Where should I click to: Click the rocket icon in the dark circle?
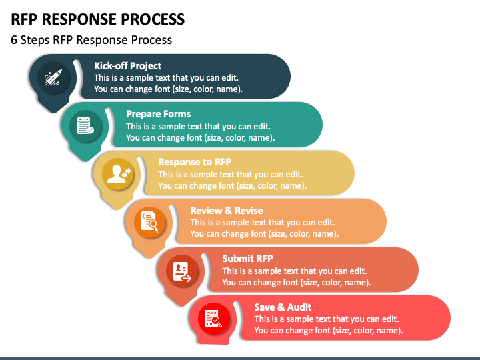pos(53,77)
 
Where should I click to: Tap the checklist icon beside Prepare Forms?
pos(85,126)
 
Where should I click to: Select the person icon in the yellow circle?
pos(117,174)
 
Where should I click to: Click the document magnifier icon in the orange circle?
pos(150,222)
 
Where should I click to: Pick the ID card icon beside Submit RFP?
pos(182,271)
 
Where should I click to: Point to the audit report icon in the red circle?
pos(214,319)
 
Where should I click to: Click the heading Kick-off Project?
pos(127,66)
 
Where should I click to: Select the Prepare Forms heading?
pos(158,114)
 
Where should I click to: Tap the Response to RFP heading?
pos(195,162)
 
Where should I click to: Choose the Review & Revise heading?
pos(227,211)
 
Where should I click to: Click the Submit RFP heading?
pos(247,259)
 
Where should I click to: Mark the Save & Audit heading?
pos(283,307)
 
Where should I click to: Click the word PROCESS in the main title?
pos(153,19)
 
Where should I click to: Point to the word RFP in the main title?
pos(24,19)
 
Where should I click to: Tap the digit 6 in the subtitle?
pos(14,40)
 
